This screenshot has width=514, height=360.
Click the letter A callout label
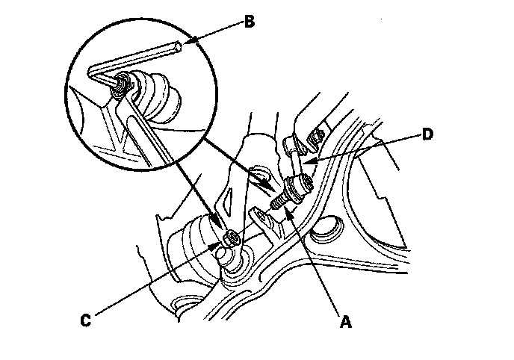[x=344, y=323]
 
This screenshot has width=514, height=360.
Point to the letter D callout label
[x=426, y=134]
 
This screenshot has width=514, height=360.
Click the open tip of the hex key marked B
[x=179, y=47]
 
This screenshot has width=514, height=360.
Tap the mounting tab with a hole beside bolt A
[x=261, y=220]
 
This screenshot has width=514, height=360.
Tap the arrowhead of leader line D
[x=308, y=161]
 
